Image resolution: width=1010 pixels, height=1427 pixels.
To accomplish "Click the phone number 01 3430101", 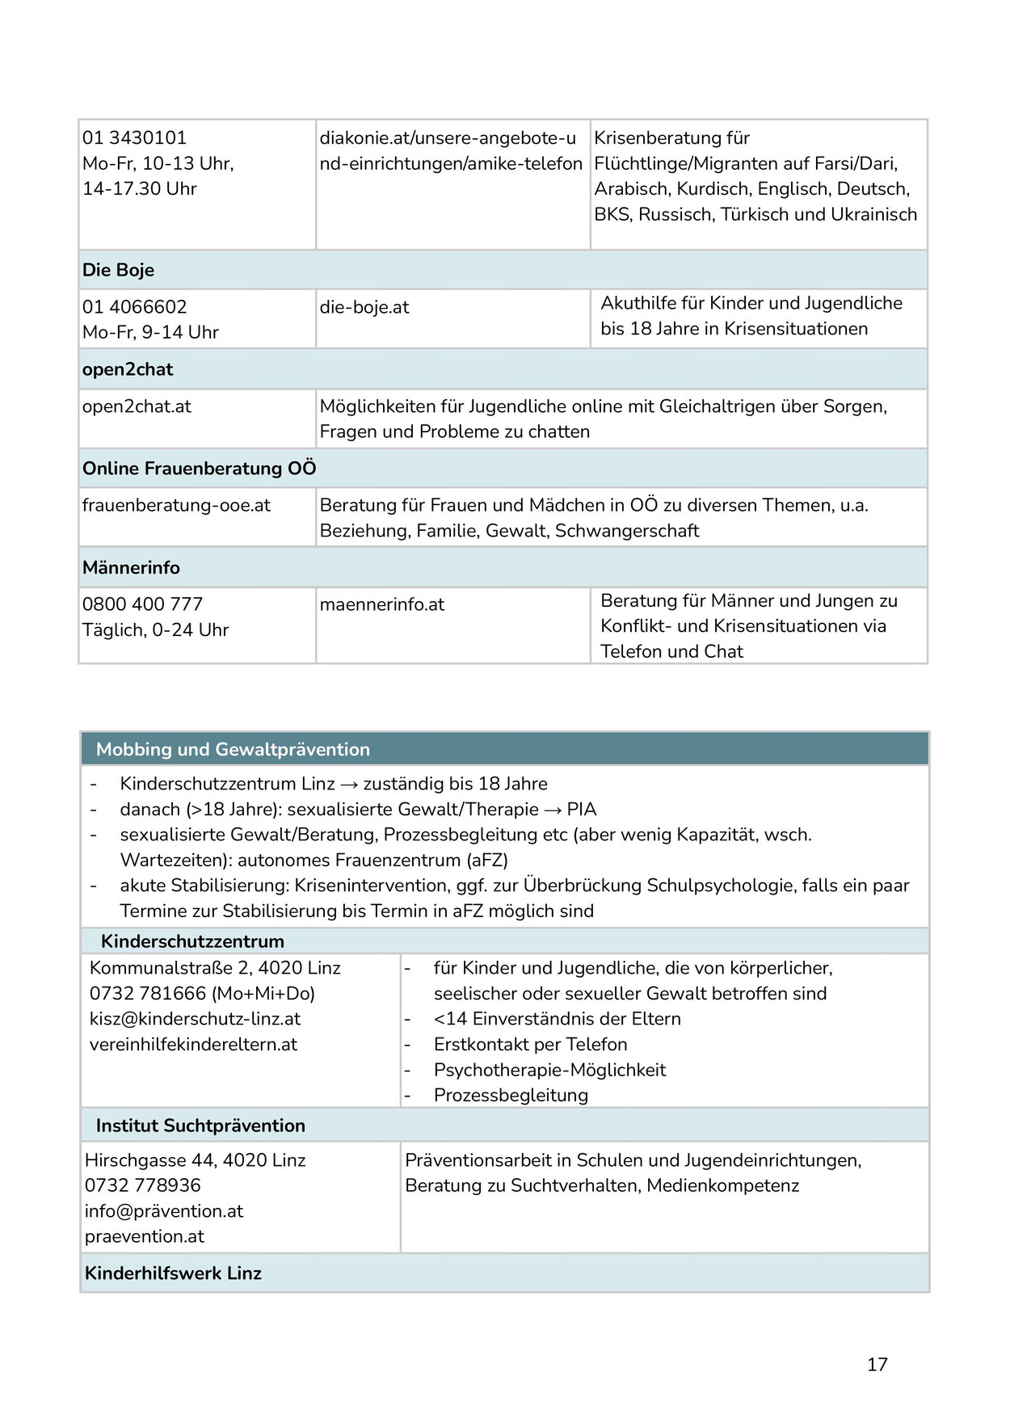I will click(x=134, y=138).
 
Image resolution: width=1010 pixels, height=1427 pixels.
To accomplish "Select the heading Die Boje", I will click(x=118, y=270).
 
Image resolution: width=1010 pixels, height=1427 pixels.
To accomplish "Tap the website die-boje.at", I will click(x=364, y=307).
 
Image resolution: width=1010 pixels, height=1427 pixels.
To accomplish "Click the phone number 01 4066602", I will click(x=134, y=307).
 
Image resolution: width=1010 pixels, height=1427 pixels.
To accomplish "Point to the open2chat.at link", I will click(x=137, y=406).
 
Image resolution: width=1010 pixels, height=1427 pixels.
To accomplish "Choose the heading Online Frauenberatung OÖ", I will click(x=199, y=469).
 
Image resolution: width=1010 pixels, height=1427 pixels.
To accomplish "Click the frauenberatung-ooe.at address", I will click(x=176, y=506).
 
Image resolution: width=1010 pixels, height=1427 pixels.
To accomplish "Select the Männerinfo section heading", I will click(x=131, y=568).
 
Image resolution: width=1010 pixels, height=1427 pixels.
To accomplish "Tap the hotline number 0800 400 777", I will click(x=142, y=604).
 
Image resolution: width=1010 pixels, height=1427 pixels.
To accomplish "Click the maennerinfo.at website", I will click(x=382, y=604).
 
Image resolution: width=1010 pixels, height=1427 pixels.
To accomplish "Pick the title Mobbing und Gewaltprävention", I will click(x=233, y=750).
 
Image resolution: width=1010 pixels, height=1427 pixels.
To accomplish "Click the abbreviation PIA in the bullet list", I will click(x=582, y=809).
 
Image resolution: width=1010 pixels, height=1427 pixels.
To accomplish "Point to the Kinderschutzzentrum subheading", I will click(x=192, y=941).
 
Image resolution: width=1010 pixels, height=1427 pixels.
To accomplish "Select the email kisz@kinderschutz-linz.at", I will click(x=195, y=1019).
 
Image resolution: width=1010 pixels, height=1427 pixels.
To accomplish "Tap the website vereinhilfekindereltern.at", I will click(x=193, y=1045).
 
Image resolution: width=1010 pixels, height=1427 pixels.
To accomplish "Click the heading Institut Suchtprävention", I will click(x=200, y=1126).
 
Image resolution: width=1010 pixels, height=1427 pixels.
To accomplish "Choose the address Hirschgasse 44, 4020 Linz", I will click(x=195, y=1160).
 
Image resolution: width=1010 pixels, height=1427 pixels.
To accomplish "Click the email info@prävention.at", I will click(x=164, y=1211).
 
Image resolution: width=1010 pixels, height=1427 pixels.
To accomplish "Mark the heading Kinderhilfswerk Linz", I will click(x=173, y=1273).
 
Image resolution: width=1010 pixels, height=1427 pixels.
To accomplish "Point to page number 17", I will click(x=877, y=1365).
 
